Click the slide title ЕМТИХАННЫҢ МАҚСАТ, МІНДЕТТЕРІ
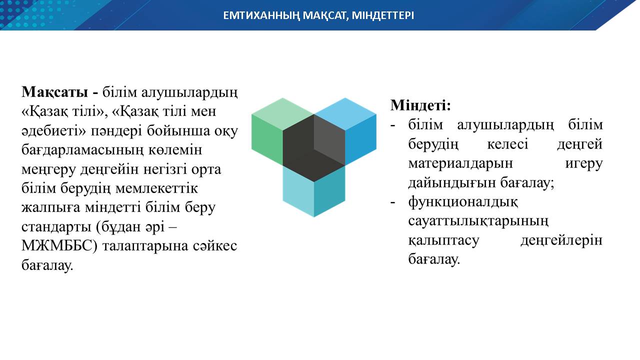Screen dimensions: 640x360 (318, 15)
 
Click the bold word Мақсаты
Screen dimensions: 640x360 (54, 92)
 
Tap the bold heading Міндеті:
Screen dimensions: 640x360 (420, 105)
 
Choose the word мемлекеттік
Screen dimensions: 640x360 (156, 188)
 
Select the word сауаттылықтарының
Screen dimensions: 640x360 (478, 221)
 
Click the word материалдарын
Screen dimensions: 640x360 (460, 163)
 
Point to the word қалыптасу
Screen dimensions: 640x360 (443, 240)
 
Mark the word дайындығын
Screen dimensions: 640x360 (452, 183)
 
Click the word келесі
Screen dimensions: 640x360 (507, 144)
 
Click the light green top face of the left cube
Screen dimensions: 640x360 (282, 113)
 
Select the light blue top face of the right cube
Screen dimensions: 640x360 (345, 113)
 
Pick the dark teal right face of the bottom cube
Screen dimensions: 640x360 (329, 191)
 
